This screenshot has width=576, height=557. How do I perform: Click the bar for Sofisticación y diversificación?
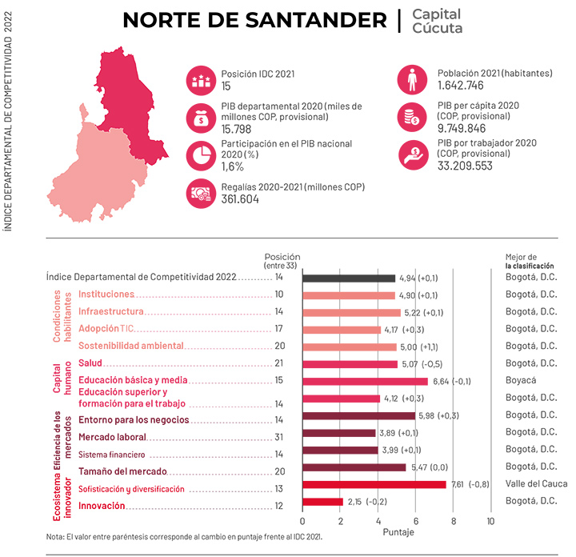(374, 485)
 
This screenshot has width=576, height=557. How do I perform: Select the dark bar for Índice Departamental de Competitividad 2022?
(349, 278)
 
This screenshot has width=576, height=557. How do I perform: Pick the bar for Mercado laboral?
(338, 433)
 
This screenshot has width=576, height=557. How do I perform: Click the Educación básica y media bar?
(365, 381)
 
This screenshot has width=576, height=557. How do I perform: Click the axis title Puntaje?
(398, 532)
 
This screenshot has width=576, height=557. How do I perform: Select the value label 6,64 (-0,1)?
(451, 382)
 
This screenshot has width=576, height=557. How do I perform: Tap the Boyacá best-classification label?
(522, 382)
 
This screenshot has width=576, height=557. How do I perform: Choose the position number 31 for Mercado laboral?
(279, 437)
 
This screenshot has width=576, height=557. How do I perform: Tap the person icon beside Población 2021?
(410, 79)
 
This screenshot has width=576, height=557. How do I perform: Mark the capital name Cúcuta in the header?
(437, 29)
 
